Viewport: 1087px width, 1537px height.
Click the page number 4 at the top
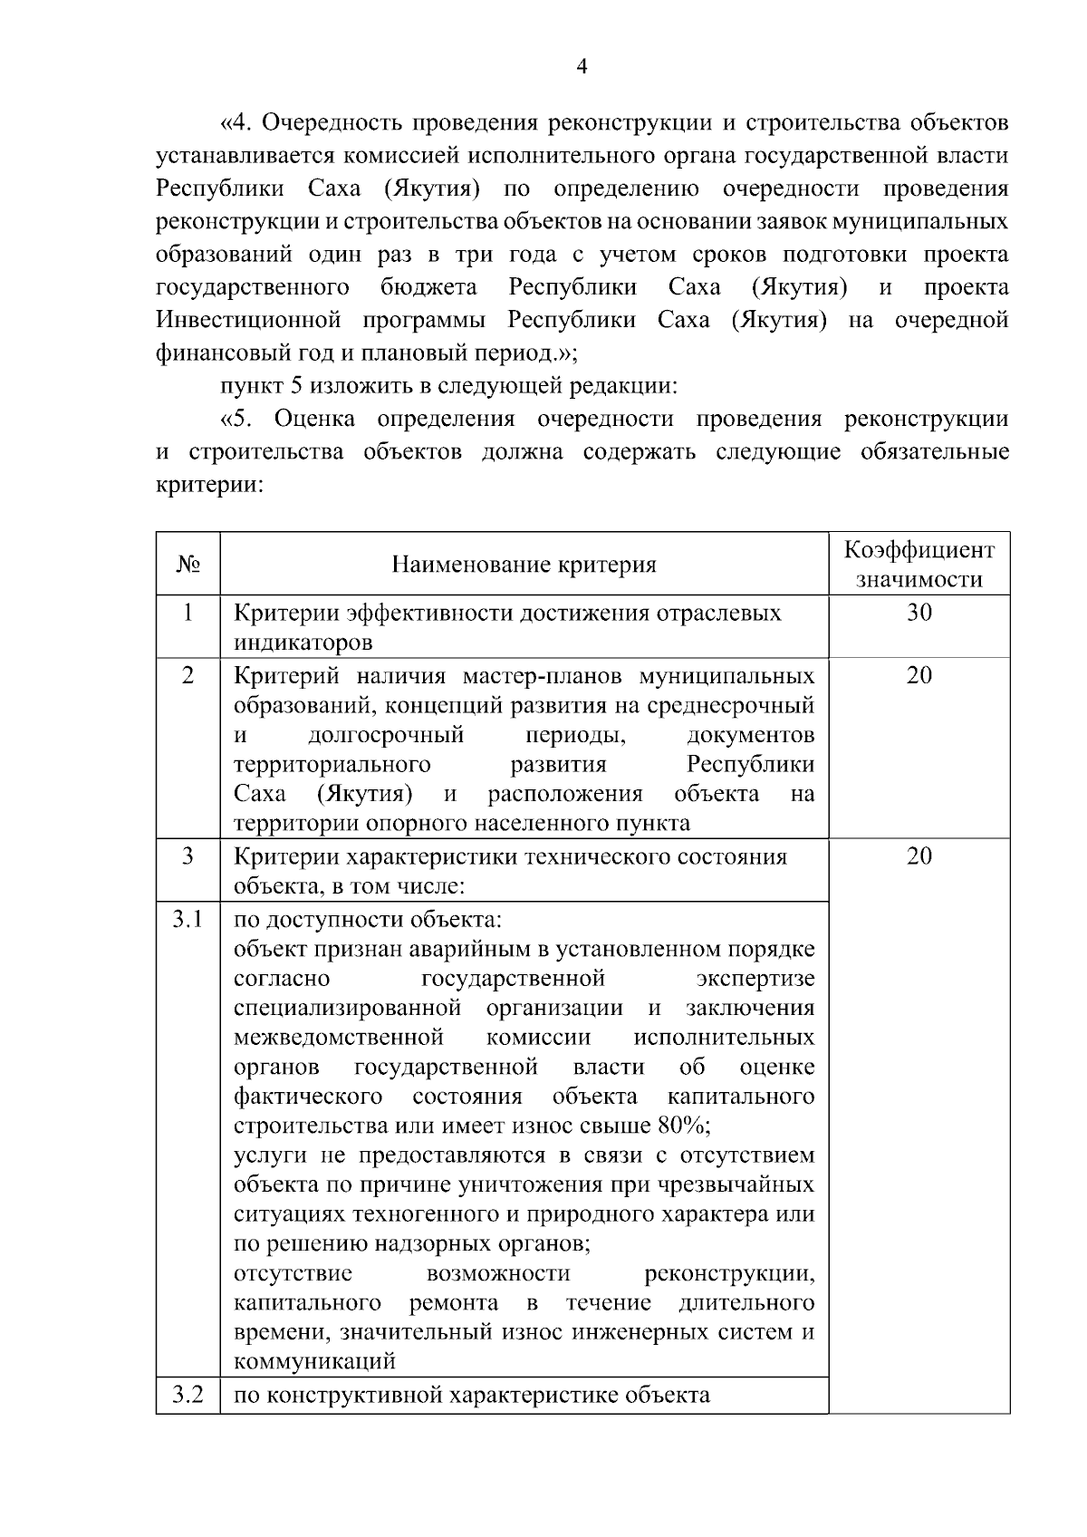click(582, 65)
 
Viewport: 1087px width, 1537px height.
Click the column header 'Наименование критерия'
click(524, 565)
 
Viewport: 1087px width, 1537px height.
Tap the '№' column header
click(188, 564)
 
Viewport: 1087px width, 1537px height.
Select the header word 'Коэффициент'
click(919, 551)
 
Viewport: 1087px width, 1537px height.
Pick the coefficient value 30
click(919, 614)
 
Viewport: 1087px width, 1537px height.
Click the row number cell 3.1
click(188, 920)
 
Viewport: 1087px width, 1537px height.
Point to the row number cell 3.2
click(188, 1395)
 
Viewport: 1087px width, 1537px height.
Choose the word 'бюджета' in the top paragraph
click(428, 288)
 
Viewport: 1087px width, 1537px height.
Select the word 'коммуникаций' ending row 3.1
click(314, 1361)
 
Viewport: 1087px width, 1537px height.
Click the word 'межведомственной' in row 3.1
click(339, 1037)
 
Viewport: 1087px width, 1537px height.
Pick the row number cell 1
click(188, 614)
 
